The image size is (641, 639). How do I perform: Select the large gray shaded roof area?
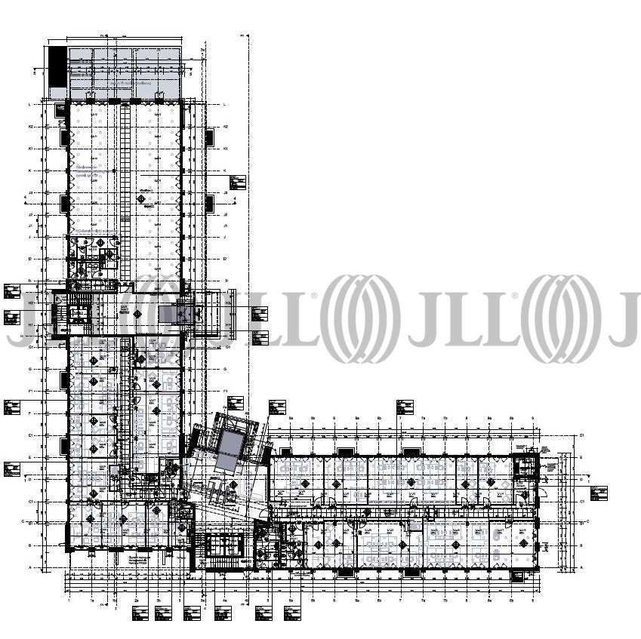click(x=125, y=72)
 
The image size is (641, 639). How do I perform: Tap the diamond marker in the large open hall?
click(x=141, y=198)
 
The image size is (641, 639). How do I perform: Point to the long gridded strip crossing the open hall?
click(x=125, y=189)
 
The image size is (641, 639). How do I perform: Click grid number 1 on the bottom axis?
click(x=69, y=601)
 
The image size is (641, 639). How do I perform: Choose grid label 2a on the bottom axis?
click(x=136, y=601)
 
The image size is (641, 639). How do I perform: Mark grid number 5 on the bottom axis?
click(x=269, y=601)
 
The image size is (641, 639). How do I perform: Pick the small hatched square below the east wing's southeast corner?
click(x=519, y=577)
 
